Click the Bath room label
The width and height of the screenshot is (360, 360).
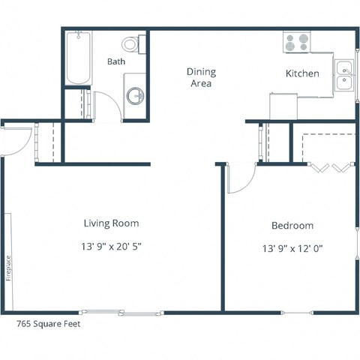(115, 61)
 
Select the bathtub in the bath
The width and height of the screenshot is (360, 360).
(77, 58)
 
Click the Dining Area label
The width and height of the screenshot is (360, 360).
(201, 77)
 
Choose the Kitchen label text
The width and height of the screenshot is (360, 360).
(302, 73)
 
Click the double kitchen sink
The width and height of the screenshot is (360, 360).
(345, 74)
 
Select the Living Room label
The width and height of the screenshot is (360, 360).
(111, 223)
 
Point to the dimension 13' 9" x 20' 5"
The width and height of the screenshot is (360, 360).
(111, 246)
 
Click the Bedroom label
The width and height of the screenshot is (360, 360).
(292, 225)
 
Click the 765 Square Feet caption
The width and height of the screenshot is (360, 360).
(48, 325)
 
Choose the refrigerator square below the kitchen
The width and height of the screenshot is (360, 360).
(286, 106)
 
